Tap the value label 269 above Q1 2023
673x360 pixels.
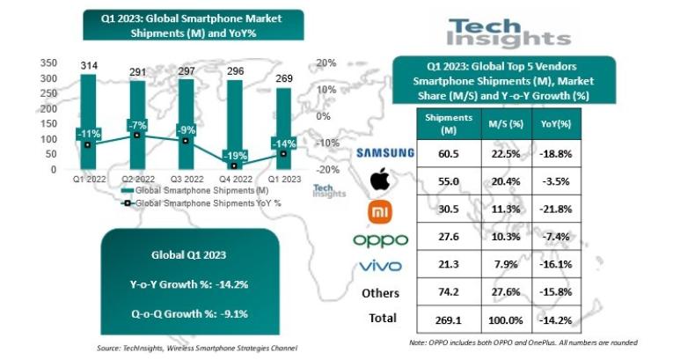tap(282, 80)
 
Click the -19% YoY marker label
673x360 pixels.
tap(235, 156)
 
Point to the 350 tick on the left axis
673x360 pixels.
tap(49, 62)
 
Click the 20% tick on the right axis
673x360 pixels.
tap(326, 62)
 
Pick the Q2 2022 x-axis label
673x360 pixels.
tap(136, 178)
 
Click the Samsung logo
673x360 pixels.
tap(384, 153)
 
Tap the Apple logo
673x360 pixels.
tap(379, 180)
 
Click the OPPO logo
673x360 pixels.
tap(380, 239)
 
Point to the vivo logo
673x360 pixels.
tap(380, 267)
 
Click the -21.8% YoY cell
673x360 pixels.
tap(560, 209)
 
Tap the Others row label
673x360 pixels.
tap(380, 293)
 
